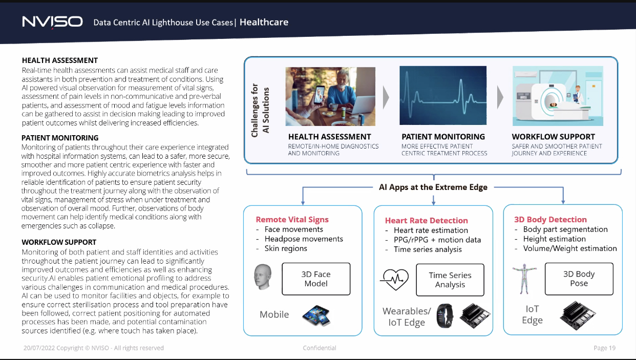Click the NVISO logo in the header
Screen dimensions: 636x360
(x=53, y=22)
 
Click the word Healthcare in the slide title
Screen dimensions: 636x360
(x=264, y=22)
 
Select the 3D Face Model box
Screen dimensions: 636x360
(x=316, y=279)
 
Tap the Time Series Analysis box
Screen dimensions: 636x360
(x=450, y=280)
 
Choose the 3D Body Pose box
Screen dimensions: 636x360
(x=579, y=279)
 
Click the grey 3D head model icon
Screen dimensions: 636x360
(x=263, y=277)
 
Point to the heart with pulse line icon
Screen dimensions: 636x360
(x=394, y=280)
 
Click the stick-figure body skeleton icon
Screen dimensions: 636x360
(x=524, y=279)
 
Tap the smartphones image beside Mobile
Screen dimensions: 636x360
(x=316, y=315)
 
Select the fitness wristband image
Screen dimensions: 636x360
(x=444, y=315)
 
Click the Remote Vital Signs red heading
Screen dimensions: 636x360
(x=292, y=220)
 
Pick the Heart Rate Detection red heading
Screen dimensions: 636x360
(x=427, y=220)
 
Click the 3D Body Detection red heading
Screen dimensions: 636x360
(x=550, y=220)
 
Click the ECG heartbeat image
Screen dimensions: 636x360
(x=443, y=95)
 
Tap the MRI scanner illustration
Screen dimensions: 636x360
(x=558, y=96)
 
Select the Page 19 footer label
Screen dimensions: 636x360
(x=604, y=348)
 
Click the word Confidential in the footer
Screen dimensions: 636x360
(x=320, y=348)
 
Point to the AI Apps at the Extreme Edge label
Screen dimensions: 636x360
(x=433, y=187)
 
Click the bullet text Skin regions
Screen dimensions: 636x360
(x=286, y=248)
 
